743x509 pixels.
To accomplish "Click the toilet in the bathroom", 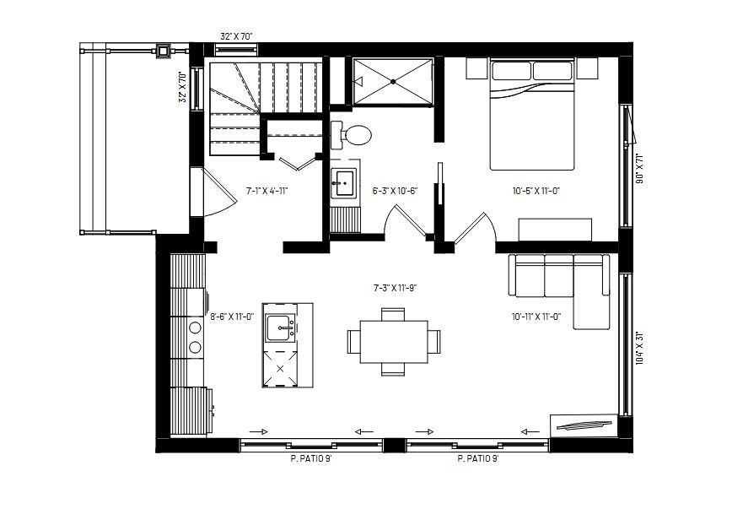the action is pyautogui.click(x=352, y=135).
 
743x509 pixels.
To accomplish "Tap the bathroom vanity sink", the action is pyautogui.click(x=343, y=183).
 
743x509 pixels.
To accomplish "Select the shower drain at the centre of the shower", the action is pyautogui.click(x=393, y=81).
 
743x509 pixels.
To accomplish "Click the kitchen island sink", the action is pyautogui.click(x=281, y=328).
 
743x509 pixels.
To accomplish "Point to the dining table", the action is pyautogui.click(x=394, y=342).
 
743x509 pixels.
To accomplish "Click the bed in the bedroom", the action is pyautogui.click(x=532, y=114).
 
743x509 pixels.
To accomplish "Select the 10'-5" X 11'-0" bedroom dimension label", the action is pyautogui.click(x=536, y=191).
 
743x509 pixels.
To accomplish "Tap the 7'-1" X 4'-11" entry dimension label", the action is pyautogui.click(x=267, y=191).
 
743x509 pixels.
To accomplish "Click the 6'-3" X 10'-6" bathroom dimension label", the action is pyautogui.click(x=395, y=191).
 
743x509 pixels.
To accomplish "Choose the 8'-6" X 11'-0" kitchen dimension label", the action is pyautogui.click(x=232, y=317).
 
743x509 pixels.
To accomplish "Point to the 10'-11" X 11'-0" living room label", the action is pyautogui.click(x=536, y=317).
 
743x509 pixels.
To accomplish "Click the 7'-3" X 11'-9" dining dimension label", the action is pyautogui.click(x=395, y=288).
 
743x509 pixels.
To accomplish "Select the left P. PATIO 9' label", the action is pyautogui.click(x=311, y=459).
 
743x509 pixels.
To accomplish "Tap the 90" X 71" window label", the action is pyautogui.click(x=639, y=169).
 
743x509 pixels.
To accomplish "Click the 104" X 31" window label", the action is pyautogui.click(x=639, y=348).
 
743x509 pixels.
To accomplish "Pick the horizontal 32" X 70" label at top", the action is pyautogui.click(x=236, y=36).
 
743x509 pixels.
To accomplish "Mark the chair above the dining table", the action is pyautogui.click(x=393, y=314).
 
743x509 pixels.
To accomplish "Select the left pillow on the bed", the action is pyautogui.click(x=511, y=71).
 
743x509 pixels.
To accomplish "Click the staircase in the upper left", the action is pyautogui.click(x=266, y=106).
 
